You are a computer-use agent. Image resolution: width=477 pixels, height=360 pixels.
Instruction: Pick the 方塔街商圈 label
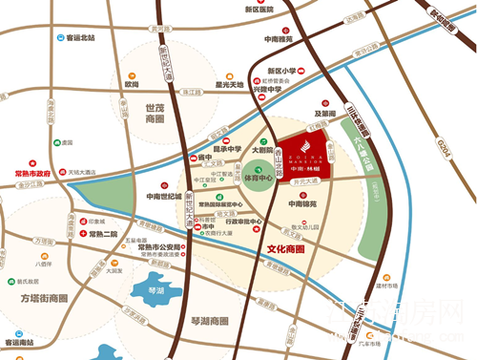[40, 298]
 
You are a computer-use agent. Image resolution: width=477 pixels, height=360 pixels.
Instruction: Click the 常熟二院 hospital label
[103, 234]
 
